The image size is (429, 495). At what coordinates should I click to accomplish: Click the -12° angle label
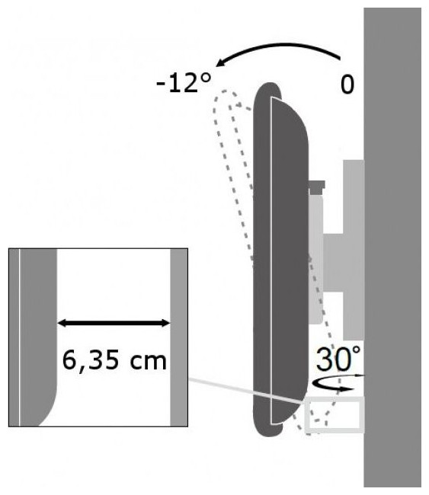click(x=184, y=83)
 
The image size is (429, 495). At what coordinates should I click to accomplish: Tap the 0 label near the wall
click(x=347, y=85)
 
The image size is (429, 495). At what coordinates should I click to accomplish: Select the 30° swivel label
click(x=338, y=359)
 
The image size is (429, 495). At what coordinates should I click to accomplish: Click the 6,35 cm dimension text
click(x=114, y=361)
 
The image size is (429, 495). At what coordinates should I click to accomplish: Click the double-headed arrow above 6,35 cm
click(x=114, y=323)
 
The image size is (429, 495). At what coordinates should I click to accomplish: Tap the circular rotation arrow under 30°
click(x=333, y=385)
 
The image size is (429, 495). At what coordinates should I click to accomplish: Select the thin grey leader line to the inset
click(x=246, y=391)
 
